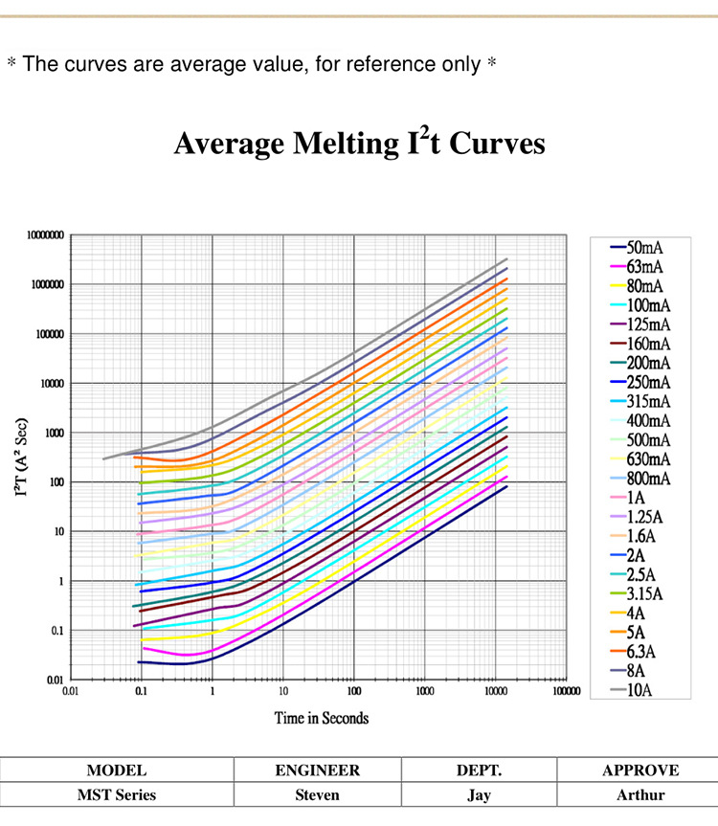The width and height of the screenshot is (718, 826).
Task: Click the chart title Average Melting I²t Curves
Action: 359,144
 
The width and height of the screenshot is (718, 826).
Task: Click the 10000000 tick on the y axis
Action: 45,234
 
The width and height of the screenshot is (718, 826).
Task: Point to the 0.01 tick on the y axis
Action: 55,680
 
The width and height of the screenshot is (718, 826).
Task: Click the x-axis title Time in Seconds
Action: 322,717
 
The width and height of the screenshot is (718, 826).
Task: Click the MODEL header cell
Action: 117,770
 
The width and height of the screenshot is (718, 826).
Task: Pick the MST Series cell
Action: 117,794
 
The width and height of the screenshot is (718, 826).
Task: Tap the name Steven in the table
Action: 317,794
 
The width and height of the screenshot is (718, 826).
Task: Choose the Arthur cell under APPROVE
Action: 640,794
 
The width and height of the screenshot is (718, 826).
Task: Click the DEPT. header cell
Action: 479,770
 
